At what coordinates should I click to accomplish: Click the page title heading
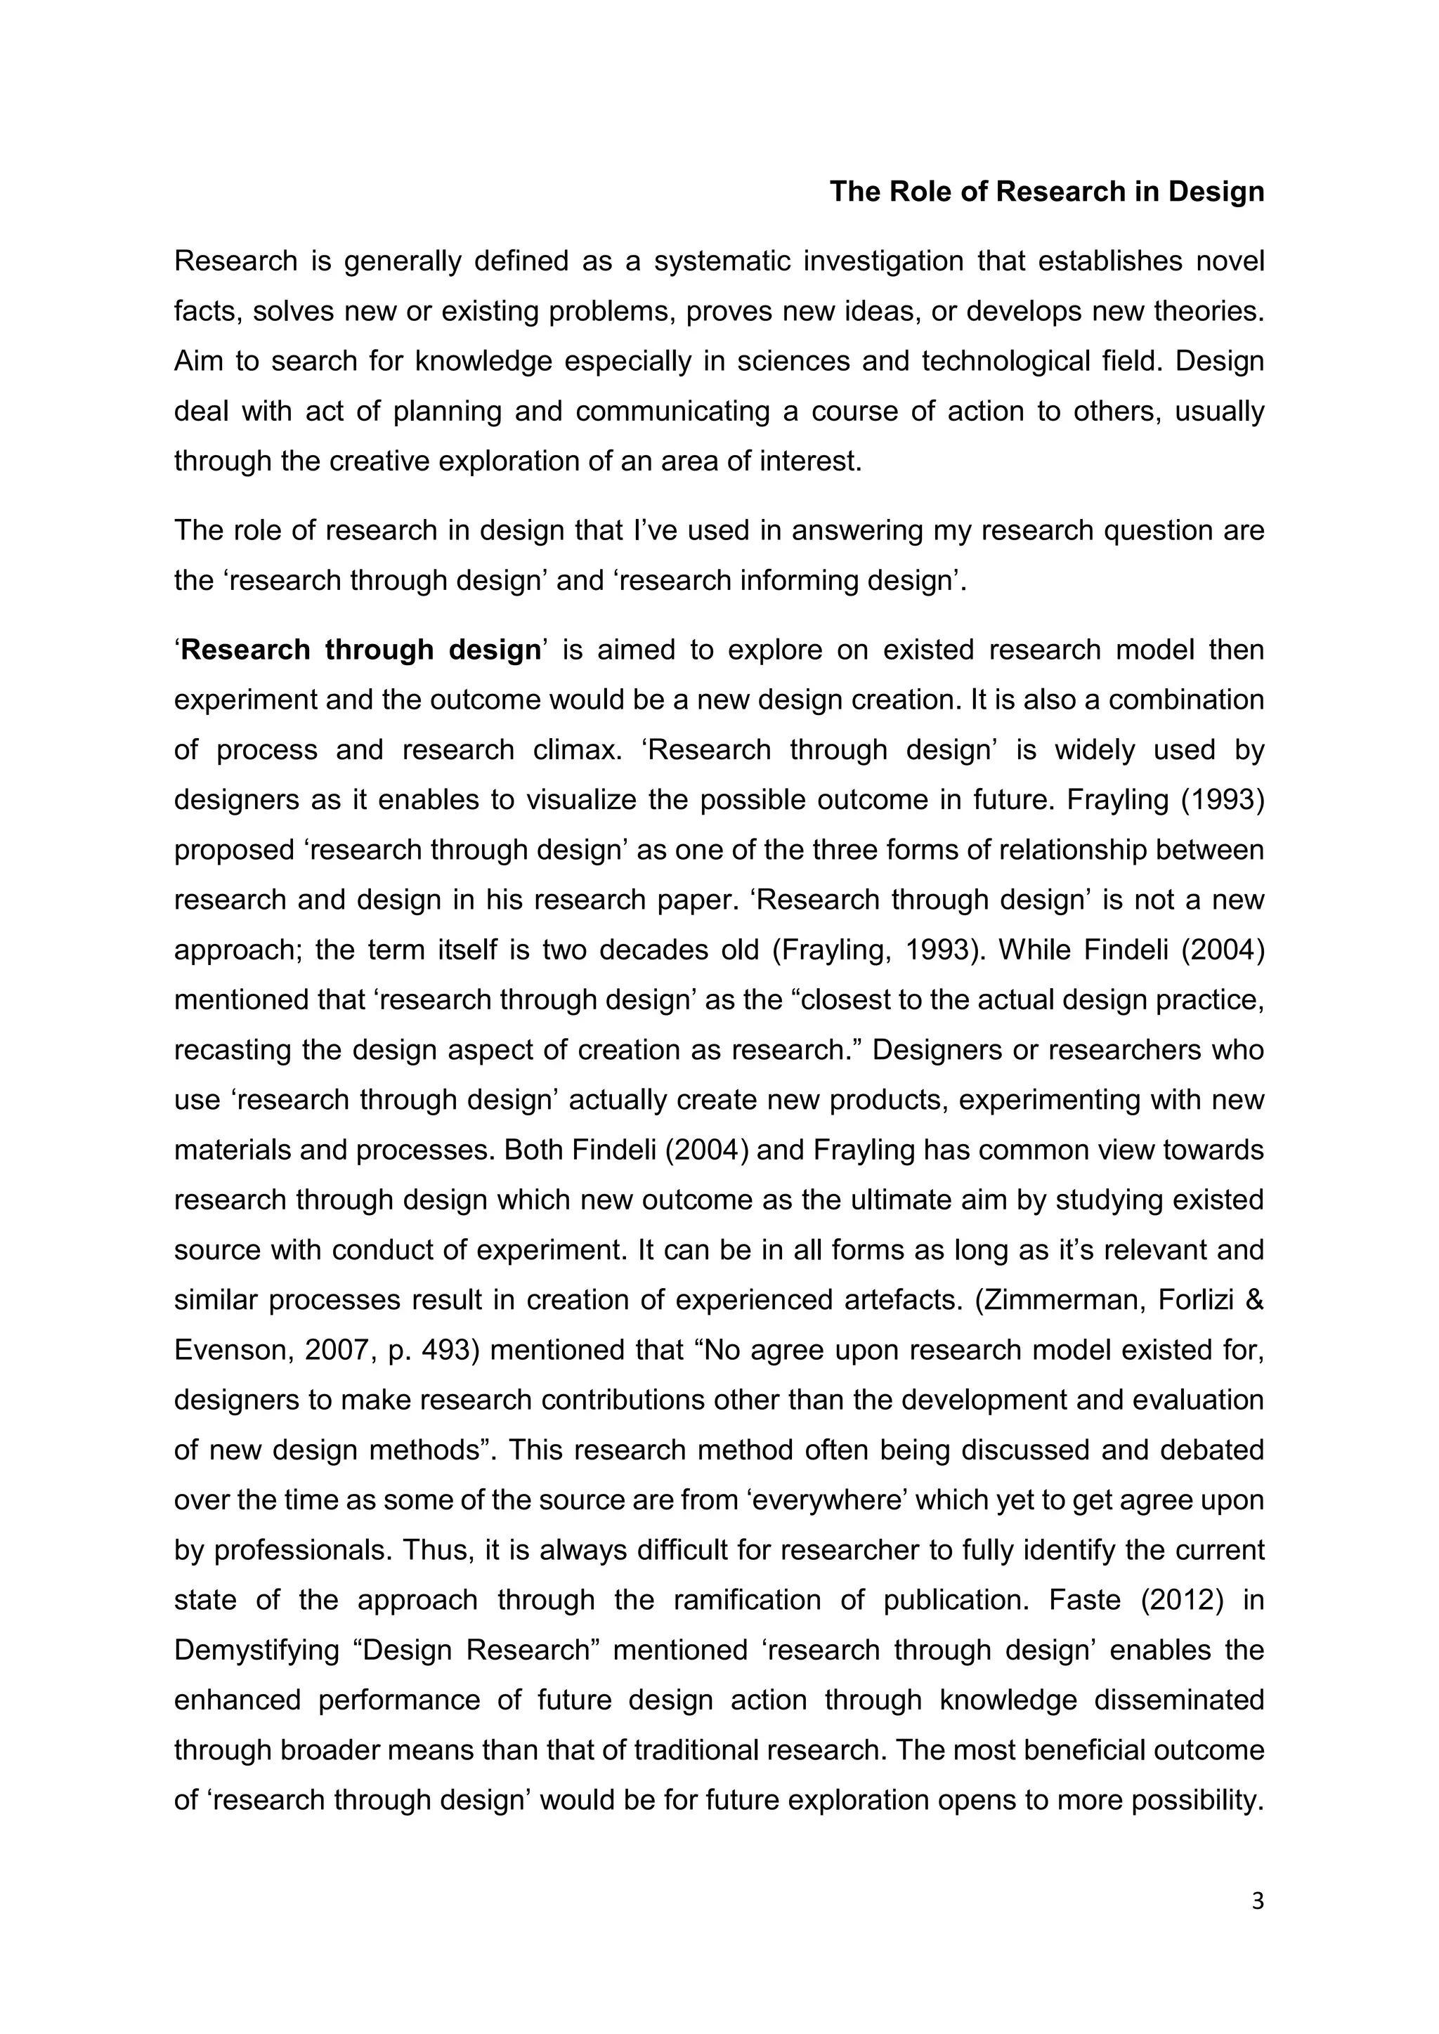[x=1046, y=191]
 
